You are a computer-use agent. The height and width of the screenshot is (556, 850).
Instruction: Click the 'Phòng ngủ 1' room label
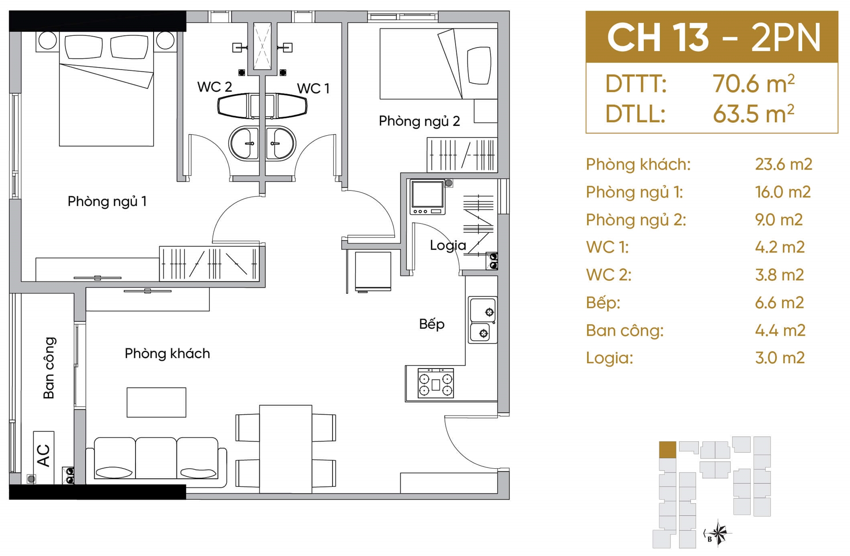pyautogui.click(x=107, y=202)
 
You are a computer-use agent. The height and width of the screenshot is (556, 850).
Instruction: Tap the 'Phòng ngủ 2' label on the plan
pyautogui.click(x=419, y=121)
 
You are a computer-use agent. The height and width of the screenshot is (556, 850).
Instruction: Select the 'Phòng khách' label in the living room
pyautogui.click(x=167, y=354)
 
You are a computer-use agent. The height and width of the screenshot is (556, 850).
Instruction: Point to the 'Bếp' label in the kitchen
pyautogui.click(x=432, y=324)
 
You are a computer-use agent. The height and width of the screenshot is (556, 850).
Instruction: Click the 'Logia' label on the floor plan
pyautogui.click(x=448, y=245)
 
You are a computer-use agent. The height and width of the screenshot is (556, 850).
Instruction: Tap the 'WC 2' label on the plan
pyautogui.click(x=214, y=86)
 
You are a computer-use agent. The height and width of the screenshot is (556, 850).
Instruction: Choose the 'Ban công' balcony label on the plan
pyautogui.click(x=49, y=368)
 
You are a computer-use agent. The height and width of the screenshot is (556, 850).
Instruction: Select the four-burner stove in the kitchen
pyautogui.click(x=436, y=383)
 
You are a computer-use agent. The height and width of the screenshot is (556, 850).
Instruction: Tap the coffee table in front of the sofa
pyautogui.click(x=156, y=402)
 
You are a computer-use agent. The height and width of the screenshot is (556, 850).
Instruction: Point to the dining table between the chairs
pyautogui.click(x=286, y=449)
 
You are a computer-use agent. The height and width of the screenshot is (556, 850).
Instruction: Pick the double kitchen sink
pyautogui.click(x=483, y=320)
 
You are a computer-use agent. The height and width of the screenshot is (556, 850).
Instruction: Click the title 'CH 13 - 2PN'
pyautogui.click(x=714, y=37)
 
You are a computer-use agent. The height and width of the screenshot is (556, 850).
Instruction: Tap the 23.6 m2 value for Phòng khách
pyautogui.click(x=784, y=164)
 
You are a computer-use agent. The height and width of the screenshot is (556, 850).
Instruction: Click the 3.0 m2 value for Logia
pyautogui.click(x=780, y=358)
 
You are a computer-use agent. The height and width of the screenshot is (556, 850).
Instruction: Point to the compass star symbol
pyautogui.click(x=718, y=533)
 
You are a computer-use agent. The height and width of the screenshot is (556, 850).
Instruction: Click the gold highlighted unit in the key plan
pyautogui.click(x=668, y=450)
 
